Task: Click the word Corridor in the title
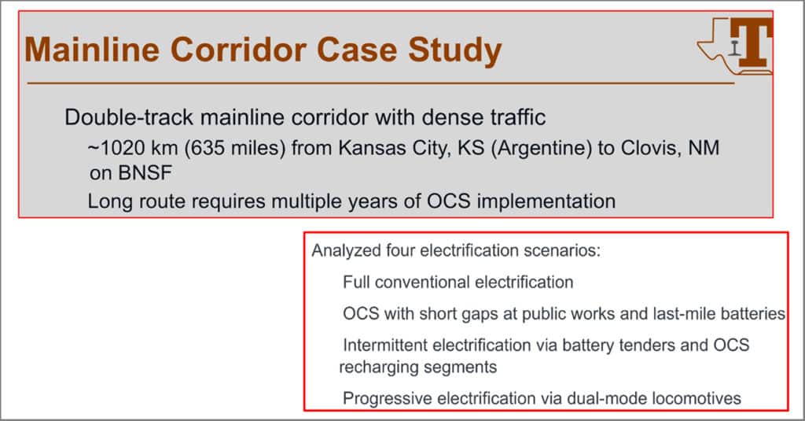pyautogui.click(x=238, y=50)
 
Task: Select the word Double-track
pyautogui.click(x=129, y=117)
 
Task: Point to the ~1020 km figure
pyautogui.click(x=132, y=148)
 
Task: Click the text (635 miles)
pyautogui.click(x=234, y=148)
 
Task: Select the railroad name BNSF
pyautogui.click(x=145, y=173)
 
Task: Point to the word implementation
pyautogui.click(x=546, y=201)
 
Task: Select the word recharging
pyautogui.click(x=372, y=367)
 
